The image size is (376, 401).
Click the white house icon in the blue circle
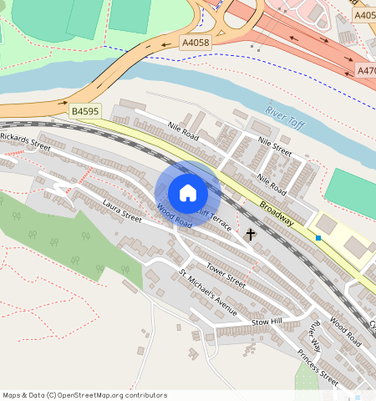click(188, 193)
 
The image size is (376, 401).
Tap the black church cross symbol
click(250, 235)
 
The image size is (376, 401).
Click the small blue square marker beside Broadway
click(318, 238)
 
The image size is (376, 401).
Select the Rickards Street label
click(24, 140)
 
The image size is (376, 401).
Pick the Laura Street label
click(122, 210)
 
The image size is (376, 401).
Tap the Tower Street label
click(226, 276)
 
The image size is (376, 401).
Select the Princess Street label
click(318, 367)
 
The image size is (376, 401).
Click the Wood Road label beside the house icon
click(174, 216)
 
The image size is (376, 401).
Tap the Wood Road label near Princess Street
click(344, 331)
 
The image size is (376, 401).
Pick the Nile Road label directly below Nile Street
click(272, 185)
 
